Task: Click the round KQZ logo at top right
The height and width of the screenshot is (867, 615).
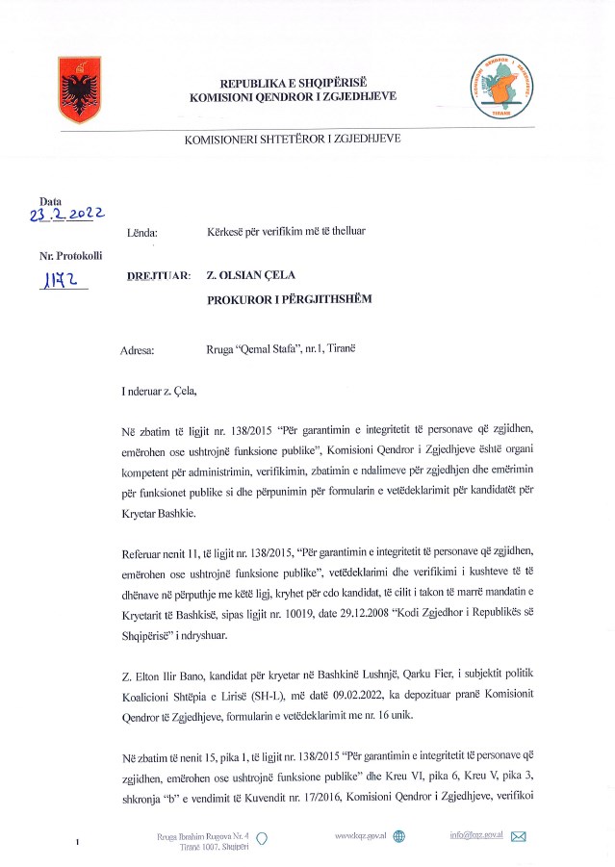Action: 499,86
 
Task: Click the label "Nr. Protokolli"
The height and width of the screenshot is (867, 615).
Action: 69,256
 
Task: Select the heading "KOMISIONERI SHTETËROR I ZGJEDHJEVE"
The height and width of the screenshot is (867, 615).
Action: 293,139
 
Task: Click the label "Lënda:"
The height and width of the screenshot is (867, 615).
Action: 142,233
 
